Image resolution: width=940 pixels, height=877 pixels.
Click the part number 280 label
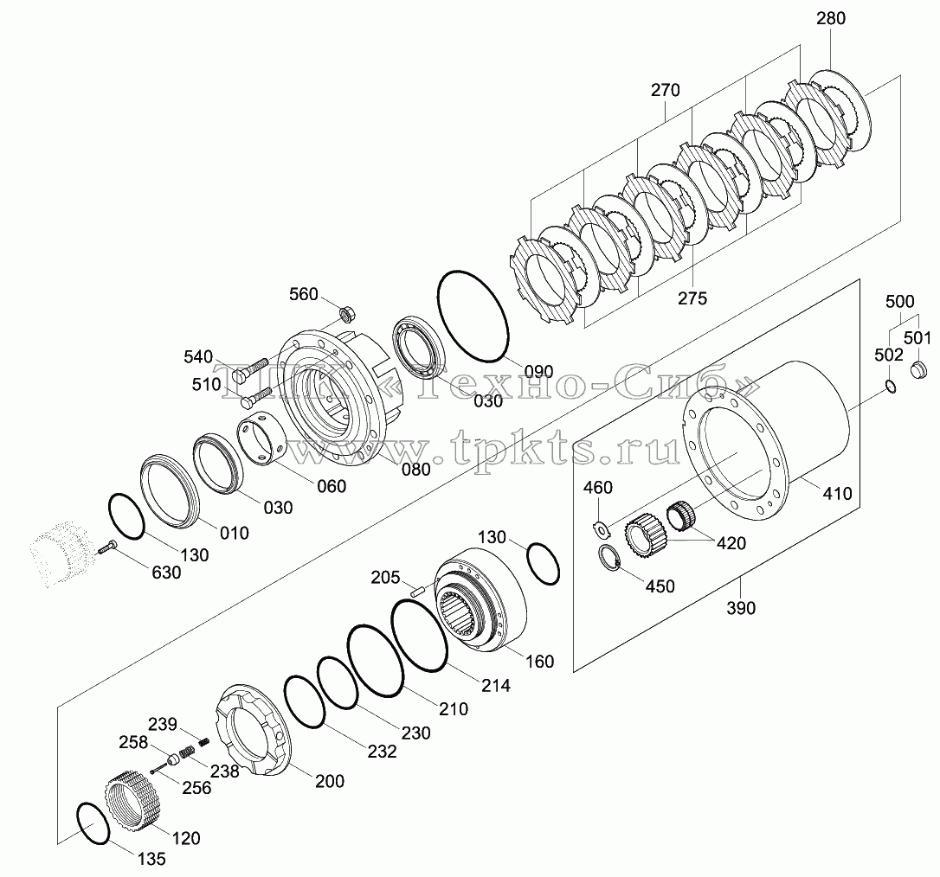click(830, 18)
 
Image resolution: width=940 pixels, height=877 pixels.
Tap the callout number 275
click(692, 298)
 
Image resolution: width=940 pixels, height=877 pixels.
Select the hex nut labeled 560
click(347, 313)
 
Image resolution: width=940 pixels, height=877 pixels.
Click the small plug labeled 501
click(919, 369)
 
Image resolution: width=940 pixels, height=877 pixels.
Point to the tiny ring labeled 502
click(891, 387)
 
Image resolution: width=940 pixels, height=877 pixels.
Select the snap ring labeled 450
click(609, 559)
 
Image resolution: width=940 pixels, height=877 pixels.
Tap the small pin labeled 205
click(416, 590)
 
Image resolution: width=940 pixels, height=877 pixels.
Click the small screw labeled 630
click(106, 547)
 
